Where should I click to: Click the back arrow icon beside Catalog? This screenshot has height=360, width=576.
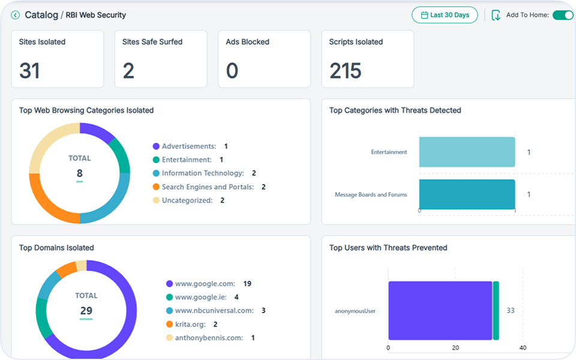coord(16,15)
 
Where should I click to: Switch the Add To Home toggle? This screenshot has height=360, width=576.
coord(562,15)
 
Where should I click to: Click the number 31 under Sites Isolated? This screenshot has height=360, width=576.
coord(29,71)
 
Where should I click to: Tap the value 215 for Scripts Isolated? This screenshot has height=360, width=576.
coord(345,71)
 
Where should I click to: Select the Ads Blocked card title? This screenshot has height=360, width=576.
coord(247,42)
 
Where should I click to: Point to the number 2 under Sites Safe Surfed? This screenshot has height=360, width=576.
coord(128,71)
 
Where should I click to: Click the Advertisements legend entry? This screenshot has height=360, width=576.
coord(189,146)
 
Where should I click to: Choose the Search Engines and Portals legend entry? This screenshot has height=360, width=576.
coord(208,187)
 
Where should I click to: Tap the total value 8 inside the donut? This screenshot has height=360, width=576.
coord(79,173)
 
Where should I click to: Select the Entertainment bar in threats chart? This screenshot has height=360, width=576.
coord(467,152)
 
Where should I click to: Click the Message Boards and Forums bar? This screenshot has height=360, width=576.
coord(467,194)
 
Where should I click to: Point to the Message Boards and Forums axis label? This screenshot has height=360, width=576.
coord(370,194)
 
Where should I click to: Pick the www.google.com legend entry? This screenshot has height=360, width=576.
coord(205,284)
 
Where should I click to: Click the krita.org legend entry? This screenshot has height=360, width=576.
coord(190,324)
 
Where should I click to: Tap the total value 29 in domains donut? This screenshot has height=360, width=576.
coord(86,311)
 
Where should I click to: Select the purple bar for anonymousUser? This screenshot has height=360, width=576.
coord(440,310)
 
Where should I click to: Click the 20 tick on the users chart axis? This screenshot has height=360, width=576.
coord(455,348)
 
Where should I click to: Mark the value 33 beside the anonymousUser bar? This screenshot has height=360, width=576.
coord(511,310)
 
